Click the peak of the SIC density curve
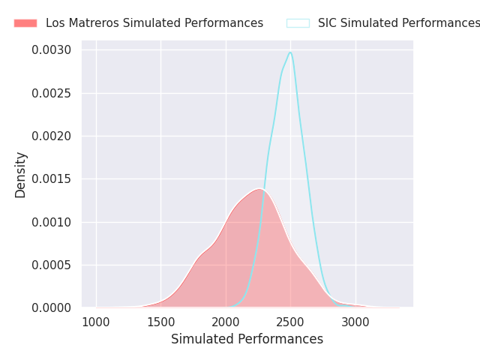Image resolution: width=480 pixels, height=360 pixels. click(x=290, y=52)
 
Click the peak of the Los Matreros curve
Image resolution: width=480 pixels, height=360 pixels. click(x=259, y=189)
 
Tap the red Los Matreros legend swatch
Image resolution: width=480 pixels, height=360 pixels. click(x=25, y=23)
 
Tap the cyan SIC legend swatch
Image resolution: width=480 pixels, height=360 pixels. click(x=298, y=23)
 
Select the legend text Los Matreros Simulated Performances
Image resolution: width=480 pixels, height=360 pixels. click(x=154, y=23)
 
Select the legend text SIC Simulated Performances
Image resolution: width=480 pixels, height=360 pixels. click(x=398, y=23)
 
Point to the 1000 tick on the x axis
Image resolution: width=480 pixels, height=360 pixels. click(x=96, y=322)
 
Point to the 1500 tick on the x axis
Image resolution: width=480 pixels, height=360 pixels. click(x=160, y=322)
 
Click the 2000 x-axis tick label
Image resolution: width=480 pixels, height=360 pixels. click(x=226, y=322)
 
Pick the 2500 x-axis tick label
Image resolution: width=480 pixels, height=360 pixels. click(x=290, y=322)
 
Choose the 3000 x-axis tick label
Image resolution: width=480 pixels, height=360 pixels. click(x=355, y=322)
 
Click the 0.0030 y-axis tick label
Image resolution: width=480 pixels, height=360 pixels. click(x=50, y=50)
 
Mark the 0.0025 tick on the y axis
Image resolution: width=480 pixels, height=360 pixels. click(x=50, y=93)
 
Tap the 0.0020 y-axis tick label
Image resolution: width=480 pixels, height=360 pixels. click(x=50, y=136)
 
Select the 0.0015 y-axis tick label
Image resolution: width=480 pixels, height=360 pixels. click(x=50, y=178)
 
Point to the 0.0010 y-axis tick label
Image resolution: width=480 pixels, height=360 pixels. click(x=50, y=222)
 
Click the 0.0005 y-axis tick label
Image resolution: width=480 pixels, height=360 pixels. click(x=50, y=265)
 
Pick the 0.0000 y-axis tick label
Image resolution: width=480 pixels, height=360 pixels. click(x=50, y=307)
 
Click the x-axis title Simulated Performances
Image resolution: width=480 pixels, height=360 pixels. click(x=247, y=340)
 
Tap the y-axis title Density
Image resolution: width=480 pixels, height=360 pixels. click(x=21, y=174)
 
